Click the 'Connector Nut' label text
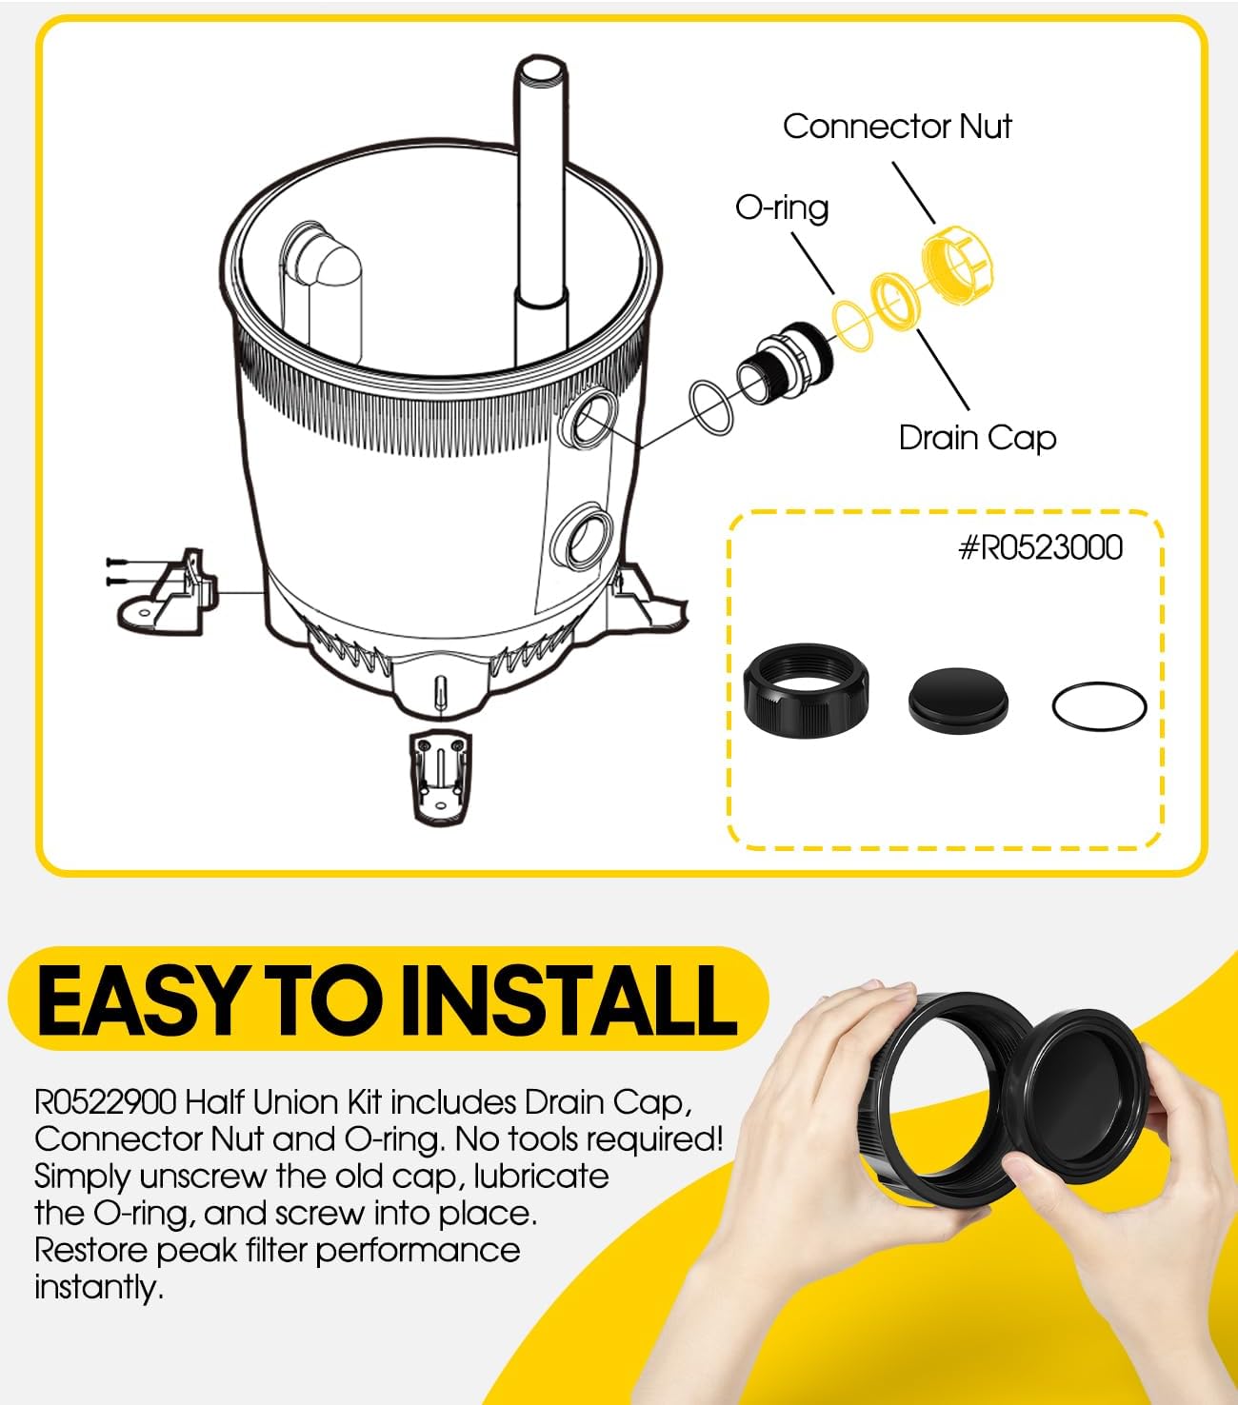(897, 127)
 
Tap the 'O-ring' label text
(782, 208)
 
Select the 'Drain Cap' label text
(977, 438)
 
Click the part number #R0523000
(1040, 548)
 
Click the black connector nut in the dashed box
(806, 691)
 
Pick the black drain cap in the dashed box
(958, 701)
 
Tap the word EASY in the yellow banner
(141, 1001)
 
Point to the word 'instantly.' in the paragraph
(98, 1288)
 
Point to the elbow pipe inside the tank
(321, 291)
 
